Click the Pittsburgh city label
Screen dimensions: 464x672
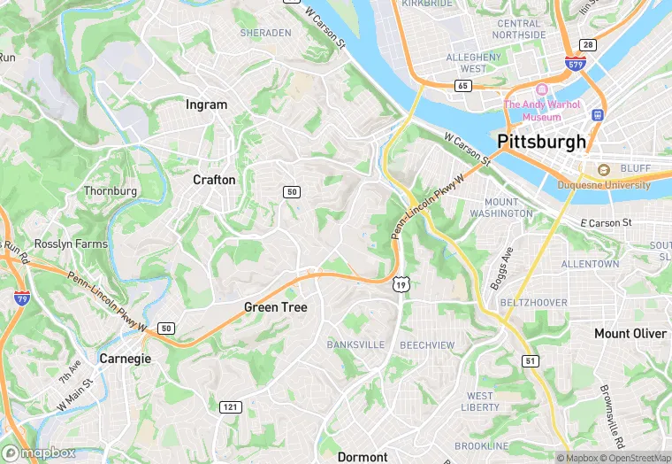click(x=541, y=142)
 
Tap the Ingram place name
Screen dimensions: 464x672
click(x=206, y=104)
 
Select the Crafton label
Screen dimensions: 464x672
click(x=214, y=180)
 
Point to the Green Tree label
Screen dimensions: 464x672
click(x=275, y=307)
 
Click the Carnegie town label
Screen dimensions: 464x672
click(x=125, y=359)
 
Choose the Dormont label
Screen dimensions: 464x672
click(x=363, y=457)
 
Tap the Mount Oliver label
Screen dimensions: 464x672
click(x=630, y=334)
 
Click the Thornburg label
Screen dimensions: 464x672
click(x=111, y=190)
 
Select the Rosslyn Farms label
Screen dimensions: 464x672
click(x=71, y=244)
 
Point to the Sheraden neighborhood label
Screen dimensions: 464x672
click(x=265, y=33)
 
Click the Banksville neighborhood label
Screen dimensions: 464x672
click(x=355, y=344)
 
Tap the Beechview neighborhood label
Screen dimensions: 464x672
click(x=427, y=344)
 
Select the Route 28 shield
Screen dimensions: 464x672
click(x=587, y=45)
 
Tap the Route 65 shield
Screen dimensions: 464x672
click(x=462, y=86)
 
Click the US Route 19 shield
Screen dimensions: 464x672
click(x=401, y=284)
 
